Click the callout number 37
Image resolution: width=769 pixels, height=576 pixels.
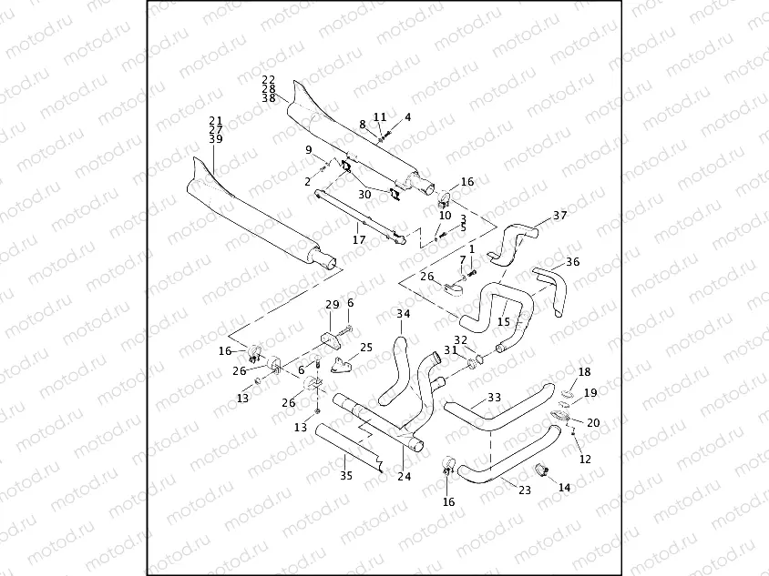pyautogui.click(x=559, y=216)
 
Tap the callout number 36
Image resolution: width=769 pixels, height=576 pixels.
pyautogui.click(x=572, y=262)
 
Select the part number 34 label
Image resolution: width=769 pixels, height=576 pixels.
pyautogui.click(x=404, y=314)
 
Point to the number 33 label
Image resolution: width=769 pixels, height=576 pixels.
pyautogui.click(x=494, y=397)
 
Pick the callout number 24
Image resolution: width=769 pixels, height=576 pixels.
pyautogui.click(x=405, y=477)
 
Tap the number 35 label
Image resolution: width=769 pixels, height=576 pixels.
pyautogui.click(x=345, y=475)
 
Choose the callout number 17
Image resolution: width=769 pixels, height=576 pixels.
pyautogui.click(x=359, y=240)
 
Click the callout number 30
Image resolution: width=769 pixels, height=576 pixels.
pyautogui.click(x=364, y=194)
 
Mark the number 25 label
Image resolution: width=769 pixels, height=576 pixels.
pyautogui.click(x=366, y=347)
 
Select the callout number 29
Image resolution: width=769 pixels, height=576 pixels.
pyautogui.click(x=332, y=304)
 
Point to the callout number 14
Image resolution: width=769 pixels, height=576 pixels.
pyautogui.click(x=564, y=488)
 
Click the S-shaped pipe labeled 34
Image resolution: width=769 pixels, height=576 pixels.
pyautogui.click(x=393, y=373)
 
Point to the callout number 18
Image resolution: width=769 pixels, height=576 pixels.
pyautogui.click(x=584, y=372)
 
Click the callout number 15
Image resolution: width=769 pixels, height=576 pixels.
pyautogui.click(x=503, y=322)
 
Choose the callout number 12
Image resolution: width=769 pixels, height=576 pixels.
pyautogui.click(x=585, y=460)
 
